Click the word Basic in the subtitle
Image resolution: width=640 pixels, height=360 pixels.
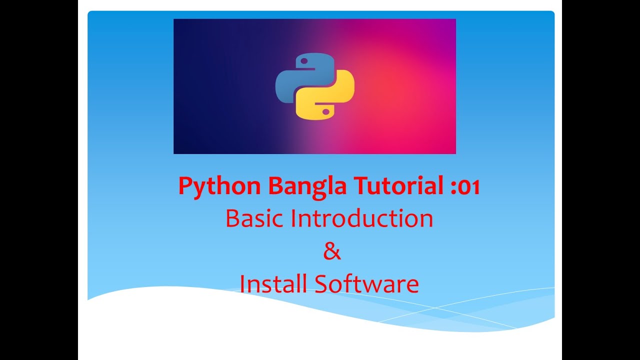tap(255, 218)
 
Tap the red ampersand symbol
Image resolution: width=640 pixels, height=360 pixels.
tap(331, 251)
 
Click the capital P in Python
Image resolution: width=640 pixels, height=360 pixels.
tap(185, 186)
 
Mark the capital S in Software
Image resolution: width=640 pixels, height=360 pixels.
tap(322, 284)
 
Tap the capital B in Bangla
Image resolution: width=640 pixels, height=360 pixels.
tap(275, 186)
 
